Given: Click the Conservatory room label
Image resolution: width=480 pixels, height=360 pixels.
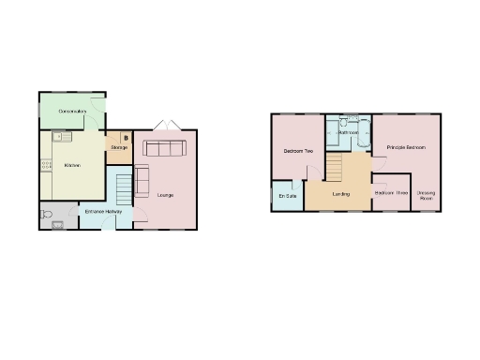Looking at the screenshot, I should coord(72,112).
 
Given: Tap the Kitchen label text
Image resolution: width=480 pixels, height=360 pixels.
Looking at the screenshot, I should coord(71,166).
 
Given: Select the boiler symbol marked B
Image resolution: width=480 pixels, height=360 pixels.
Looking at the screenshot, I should coord(125,139).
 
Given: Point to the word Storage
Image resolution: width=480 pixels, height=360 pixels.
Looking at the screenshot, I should coord(119,148).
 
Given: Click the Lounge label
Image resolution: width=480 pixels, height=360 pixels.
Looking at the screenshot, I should coord(165,195).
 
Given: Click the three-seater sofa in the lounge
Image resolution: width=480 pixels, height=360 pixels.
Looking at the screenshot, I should coord(164,148).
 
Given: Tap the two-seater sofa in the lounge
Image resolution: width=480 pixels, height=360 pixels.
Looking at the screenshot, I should coord(142,180).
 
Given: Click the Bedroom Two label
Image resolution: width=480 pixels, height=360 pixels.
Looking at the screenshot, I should coord(297,150).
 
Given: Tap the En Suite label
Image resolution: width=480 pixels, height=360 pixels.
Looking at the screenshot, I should coord(288,196).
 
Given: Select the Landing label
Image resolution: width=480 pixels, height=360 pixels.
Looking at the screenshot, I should coord(342,194).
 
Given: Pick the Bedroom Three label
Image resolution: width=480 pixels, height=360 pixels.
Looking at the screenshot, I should coord(390,193).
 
